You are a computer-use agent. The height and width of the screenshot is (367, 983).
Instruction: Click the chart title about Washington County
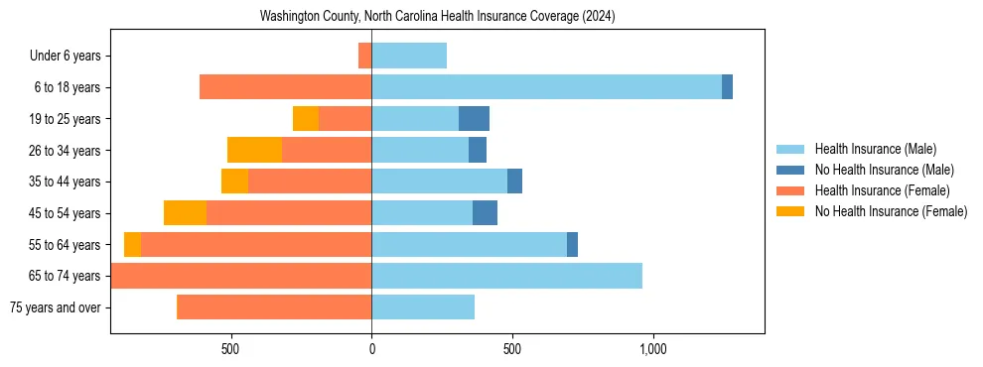tap(437, 17)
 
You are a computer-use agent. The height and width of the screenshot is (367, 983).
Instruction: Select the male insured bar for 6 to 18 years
tap(546, 87)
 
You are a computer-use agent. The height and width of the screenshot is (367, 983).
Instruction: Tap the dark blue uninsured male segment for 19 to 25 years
tap(474, 119)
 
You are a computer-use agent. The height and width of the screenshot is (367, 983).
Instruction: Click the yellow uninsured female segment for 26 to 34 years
tap(254, 150)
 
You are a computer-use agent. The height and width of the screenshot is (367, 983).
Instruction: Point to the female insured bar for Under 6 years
tap(364, 56)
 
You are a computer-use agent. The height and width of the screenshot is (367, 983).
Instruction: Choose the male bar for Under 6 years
tap(409, 56)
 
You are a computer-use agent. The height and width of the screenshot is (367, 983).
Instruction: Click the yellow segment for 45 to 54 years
tap(185, 213)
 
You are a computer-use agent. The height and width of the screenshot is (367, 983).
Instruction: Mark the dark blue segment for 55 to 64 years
tap(572, 245)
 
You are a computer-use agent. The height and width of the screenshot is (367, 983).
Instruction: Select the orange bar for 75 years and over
tap(274, 307)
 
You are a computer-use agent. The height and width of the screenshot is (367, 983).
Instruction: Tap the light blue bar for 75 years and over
tap(423, 307)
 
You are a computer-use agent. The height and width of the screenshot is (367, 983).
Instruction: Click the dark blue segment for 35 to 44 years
tap(514, 182)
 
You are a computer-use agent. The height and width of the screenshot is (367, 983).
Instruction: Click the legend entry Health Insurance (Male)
tap(870, 149)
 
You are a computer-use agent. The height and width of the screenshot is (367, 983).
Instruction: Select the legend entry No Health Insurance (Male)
tap(870, 170)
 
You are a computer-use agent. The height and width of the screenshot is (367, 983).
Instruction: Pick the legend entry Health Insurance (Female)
tap(870, 190)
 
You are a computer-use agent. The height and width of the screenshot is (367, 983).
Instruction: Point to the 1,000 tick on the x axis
tap(652, 349)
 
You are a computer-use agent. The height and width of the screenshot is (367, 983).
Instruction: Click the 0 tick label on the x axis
tap(371, 349)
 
